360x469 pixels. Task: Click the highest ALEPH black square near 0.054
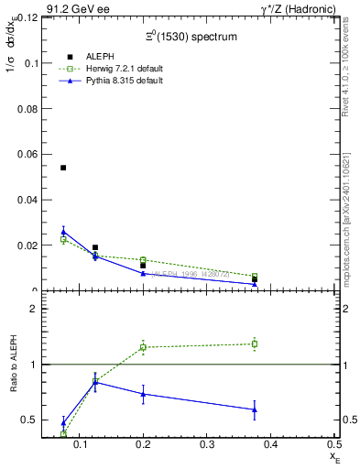pyautogui.click(x=63, y=168)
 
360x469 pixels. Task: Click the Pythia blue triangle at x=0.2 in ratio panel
pyautogui.click(x=143, y=394)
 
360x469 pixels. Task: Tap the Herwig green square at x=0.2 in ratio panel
pyautogui.click(x=143, y=347)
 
